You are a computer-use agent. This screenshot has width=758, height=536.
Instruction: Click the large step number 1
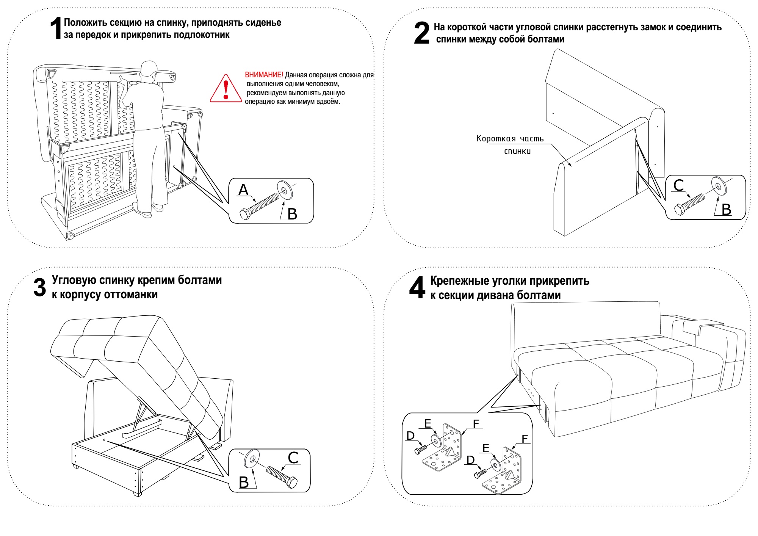tap(56, 28)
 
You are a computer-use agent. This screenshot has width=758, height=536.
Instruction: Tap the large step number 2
tap(421, 33)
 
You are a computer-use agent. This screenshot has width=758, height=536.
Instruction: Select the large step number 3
tap(39, 287)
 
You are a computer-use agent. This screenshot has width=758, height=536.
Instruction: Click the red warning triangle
tap(226, 89)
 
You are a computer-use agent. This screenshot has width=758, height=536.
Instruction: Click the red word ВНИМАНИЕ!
tap(264, 75)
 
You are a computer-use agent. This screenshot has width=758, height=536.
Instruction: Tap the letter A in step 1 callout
tap(243, 190)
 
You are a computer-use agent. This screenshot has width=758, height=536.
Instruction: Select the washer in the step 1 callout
tap(285, 190)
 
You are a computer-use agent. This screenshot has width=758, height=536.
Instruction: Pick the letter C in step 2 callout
tap(678, 185)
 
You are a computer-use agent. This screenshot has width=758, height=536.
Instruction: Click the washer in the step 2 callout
tap(719, 186)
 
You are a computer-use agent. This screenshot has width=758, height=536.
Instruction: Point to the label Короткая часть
tap(510, 139)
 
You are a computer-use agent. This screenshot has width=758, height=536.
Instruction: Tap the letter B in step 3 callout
tap(244, 482)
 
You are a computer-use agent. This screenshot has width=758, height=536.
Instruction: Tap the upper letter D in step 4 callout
tap(410, 436)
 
